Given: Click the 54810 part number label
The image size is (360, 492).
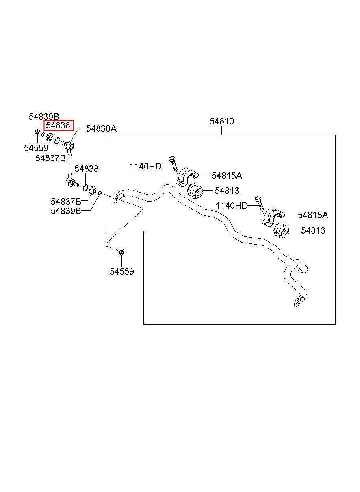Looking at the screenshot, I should point(221,121).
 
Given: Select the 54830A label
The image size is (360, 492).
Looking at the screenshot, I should point(101,128).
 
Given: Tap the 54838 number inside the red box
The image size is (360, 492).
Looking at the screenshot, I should point(58,126).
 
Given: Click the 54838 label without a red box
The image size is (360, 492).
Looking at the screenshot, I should point(86,169).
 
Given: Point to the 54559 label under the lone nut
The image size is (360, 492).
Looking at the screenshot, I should point(121,271).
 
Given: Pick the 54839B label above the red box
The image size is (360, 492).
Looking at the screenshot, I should point(44,117).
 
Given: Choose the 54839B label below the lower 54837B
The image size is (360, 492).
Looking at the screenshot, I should point(66,211).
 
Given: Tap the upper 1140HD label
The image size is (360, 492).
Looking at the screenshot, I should point(145,166).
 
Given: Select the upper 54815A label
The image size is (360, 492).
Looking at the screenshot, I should point(227,176).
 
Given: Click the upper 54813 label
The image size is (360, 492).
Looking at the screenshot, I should point(227,191).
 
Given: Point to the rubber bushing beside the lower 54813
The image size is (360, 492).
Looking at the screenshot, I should point(281,231).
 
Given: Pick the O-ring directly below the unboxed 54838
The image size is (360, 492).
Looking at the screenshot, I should point(85,187).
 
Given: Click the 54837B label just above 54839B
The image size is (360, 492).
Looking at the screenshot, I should point(66,202).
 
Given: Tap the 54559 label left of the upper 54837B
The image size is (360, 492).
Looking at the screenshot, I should point(36,148).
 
